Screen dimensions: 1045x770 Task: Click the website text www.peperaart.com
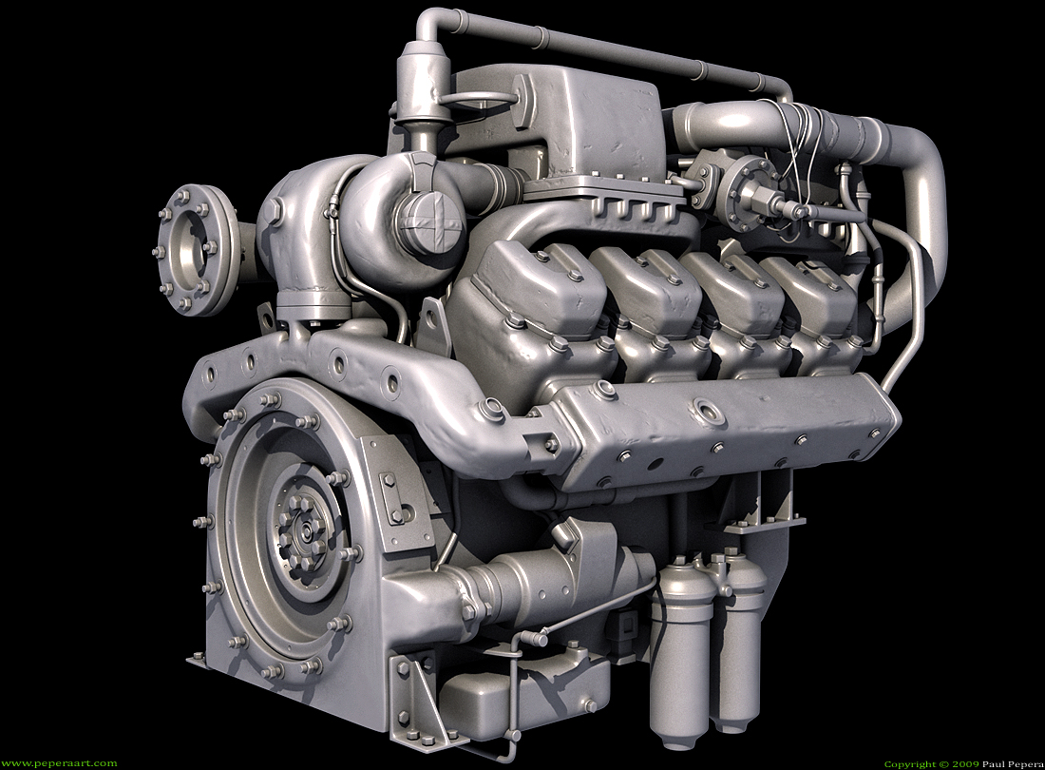pyautogui.click(x=59, y=763)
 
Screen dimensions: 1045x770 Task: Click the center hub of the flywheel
pyautogui.click(x=306, y=531)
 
